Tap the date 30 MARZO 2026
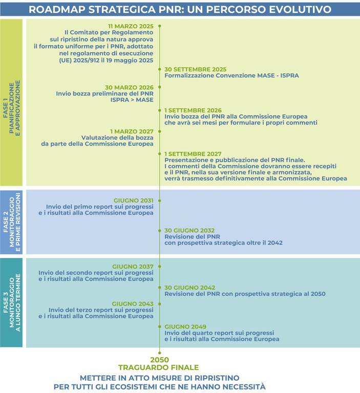click(x=129, y=87)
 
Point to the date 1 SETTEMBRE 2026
click(x=193, y=110)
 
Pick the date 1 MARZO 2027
click(x=131, y=131)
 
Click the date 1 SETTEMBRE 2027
click(x=193, y=154)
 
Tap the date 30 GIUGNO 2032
click(x=189, y=230)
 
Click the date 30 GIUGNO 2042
click(x=189, y=288)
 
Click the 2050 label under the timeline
click(x=159, y=359)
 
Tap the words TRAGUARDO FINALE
click(x=158, y=367)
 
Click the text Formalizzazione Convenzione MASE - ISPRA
click(x=231, y=76)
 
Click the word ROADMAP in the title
click(x=60, y=9)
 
